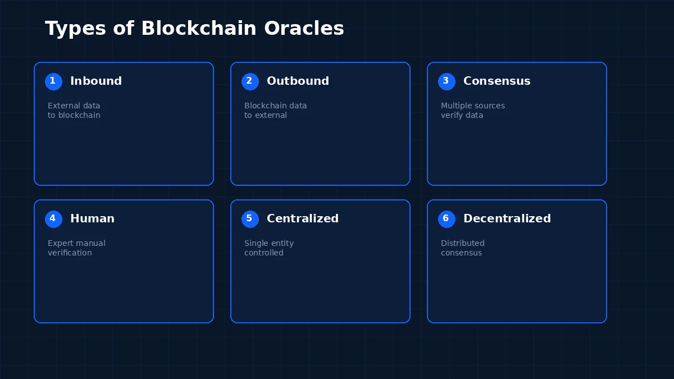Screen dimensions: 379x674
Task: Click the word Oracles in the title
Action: click(x=304, y=28)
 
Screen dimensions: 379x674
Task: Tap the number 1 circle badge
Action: click(x=53, y=81)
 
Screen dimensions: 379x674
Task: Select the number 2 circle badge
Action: click(x=250, y=81)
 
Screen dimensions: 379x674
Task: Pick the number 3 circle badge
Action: click(x=447, y=81)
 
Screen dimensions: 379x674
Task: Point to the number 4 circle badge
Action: click(x=53, y=219)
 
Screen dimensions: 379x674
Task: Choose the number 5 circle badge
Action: click(x=250, y=219)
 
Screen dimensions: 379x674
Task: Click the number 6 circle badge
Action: click(x=447, y=219)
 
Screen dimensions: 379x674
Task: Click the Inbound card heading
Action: click(x=96, y=81)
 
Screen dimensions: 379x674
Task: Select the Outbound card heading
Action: click(x=298, y=81)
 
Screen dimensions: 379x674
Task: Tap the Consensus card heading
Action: click(x=497, y=81)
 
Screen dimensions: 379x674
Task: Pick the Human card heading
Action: click(x=92, y=219)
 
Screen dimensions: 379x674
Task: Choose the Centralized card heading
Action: click(x=303, y=219)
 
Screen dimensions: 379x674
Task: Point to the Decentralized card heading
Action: click(x=507, y=219)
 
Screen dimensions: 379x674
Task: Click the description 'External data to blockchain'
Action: click(x=74, y=111)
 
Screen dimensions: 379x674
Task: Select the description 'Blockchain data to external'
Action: click(x=275, y=111)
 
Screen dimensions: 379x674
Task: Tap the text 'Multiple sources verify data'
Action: click(x=472, y=111)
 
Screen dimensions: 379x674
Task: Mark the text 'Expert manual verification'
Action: click(x=76, y=248)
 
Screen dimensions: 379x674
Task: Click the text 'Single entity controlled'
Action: click(x=268, y=248)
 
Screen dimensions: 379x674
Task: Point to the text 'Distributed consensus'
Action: click(x=462, y=248)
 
